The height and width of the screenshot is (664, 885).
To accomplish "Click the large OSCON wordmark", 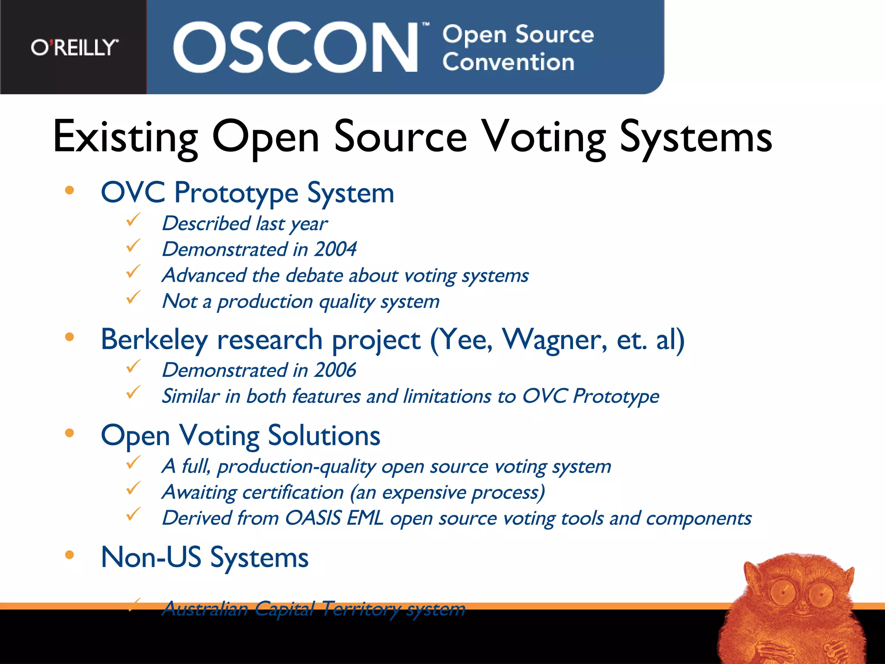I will pos(295,48).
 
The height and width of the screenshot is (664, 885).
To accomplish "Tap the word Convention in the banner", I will pos(508,62).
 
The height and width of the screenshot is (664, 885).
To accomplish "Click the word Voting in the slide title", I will pos(544,137).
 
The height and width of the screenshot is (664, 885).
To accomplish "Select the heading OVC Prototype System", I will pos(247,193).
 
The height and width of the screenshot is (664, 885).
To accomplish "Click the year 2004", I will pos(335,249).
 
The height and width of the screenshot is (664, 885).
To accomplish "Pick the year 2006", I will pos(335,370).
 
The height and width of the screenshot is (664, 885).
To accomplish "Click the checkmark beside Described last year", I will pos(133,220).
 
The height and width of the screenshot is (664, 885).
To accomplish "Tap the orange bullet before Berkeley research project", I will pos(70,337).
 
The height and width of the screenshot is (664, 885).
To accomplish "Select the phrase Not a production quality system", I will pos(301,302).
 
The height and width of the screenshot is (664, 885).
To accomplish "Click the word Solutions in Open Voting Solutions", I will pos(324,436).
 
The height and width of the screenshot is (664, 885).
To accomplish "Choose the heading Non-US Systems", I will pos(204,558).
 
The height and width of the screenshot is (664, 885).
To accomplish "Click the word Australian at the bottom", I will pos(205,610).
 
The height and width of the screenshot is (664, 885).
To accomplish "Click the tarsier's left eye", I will pos(783,591).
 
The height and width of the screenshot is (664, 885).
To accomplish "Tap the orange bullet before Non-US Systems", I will pos(70,555).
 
